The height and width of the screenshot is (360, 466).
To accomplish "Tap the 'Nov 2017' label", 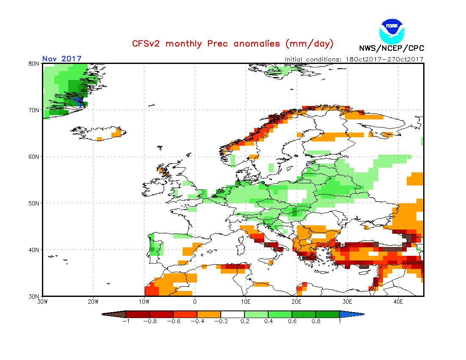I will click(x=62, y=59).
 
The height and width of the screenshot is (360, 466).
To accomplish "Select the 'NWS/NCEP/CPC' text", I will click(x=391, y=48).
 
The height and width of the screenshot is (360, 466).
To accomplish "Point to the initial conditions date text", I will click(x=354, y=59).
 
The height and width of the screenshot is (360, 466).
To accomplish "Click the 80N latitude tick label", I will click(x=34, y=64).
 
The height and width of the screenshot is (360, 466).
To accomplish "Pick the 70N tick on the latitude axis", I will click(x=34, y=110).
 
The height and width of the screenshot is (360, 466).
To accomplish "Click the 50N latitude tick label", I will click(x=34, y=203).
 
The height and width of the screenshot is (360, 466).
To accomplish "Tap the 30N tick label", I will click(x=34, y=296).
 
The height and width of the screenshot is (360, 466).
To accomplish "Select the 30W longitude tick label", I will click(x=42, y=302).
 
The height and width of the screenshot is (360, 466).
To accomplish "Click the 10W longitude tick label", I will click(x=144, y=302).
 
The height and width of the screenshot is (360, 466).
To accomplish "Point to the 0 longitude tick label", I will click(x=195, y=302).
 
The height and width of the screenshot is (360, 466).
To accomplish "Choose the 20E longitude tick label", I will click(x=297, y=302).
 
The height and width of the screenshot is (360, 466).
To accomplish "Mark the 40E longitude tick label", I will click(x=398, y=302).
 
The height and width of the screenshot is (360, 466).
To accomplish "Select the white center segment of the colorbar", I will click(x=233, y=314).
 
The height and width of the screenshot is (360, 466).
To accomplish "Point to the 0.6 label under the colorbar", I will click(x=292, y=321).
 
